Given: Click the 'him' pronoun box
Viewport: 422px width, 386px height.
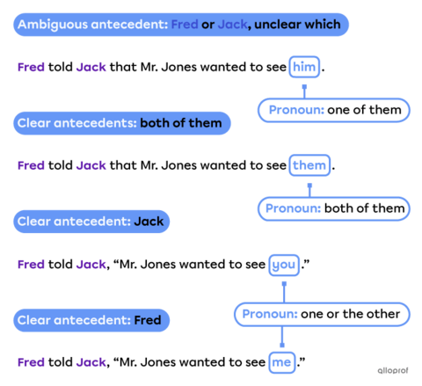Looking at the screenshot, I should click(x=304, y=67).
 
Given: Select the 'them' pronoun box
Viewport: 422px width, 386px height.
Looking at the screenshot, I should click(x=309, y=165).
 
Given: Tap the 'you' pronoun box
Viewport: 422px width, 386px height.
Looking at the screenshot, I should click(x=284, y=264).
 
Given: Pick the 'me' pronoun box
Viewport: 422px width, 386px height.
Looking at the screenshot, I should click(x=282, y=361).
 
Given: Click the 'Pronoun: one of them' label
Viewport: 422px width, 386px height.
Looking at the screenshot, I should click(x=334, y=110).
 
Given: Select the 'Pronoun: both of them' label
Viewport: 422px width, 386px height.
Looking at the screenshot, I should click(x=334, y=208).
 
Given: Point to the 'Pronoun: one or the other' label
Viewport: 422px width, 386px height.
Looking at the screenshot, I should click(x=321, y=314).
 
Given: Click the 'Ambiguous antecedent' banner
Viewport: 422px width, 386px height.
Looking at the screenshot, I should click(x=180, y=25).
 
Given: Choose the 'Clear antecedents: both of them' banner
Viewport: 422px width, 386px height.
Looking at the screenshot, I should click(x=122, y=123).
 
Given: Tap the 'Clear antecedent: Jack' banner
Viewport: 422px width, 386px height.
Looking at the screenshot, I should click(x=91, y=222).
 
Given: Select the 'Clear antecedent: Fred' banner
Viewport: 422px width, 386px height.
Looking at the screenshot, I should click(x=91, y=320).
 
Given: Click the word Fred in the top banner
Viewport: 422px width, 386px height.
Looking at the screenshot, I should click(x=184, y=25).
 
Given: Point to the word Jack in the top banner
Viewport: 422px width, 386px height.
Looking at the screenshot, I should click(x=232, y=25).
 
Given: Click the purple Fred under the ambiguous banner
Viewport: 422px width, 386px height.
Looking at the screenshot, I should click(x=31, y=67).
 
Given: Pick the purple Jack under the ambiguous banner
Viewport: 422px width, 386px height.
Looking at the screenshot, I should click(x=91, y=67).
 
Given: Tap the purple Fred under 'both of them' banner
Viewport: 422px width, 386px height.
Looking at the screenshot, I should click(x=31, y=165).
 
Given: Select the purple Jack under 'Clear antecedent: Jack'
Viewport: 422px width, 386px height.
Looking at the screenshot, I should click(x=91, y=264).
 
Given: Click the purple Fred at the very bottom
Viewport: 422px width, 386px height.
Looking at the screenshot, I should click(x=31, y=361).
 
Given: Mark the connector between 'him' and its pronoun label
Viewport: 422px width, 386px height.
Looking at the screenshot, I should click(x=304, y=88).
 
